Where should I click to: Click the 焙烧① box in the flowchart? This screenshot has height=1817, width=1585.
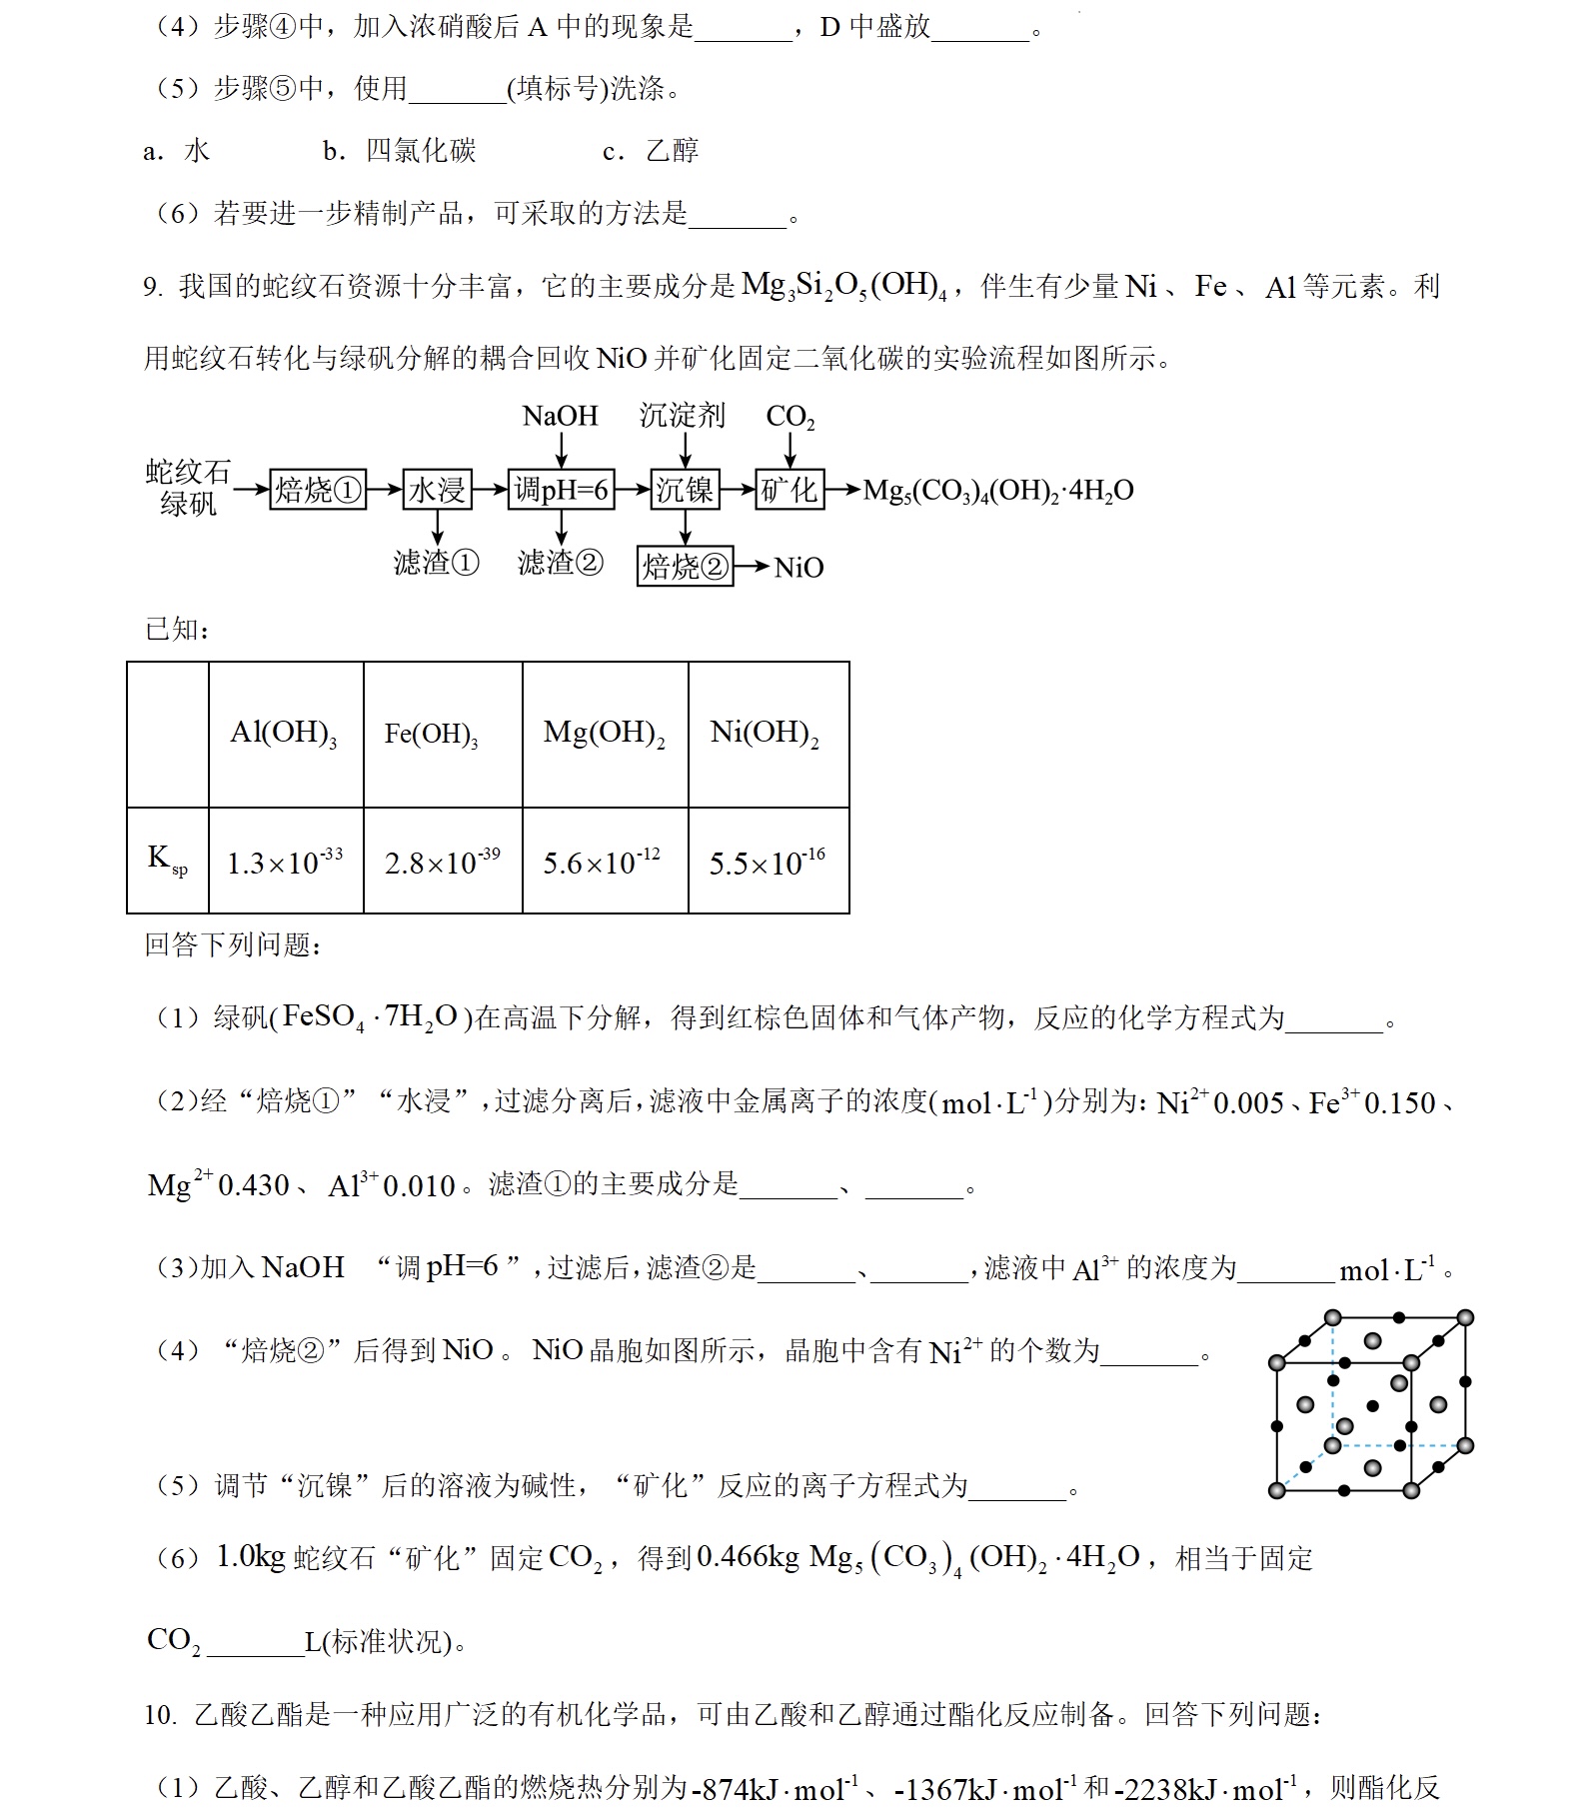coord(318,490)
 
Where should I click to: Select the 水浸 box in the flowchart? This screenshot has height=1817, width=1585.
coord(437,490)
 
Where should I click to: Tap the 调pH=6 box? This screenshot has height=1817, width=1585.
coord(561,490)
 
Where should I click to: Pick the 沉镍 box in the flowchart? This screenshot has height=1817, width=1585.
coord(685,490)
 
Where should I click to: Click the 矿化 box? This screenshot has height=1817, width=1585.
coord(790,490)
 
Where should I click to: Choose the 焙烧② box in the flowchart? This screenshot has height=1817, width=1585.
coord(685,567)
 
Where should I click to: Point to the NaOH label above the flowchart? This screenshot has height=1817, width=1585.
coord(560,416)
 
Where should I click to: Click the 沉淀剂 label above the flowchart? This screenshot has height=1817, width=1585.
coord(683,416)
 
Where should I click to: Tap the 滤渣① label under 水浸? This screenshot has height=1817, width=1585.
coord(436,563)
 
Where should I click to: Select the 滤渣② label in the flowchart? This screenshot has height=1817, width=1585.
coord(560,563)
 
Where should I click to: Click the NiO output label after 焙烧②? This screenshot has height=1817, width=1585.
coord(798,568)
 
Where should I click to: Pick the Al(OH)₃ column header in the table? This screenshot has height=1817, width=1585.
coord(284,734)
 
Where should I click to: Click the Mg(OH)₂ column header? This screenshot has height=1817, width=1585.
coord(604,734)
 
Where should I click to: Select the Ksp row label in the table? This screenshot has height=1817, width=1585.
coord(167,860)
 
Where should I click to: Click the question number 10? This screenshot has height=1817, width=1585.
coord(159,1715)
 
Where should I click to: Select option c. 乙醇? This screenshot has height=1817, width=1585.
coord(651,151)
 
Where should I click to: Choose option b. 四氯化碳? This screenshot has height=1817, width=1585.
coord(400,151)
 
